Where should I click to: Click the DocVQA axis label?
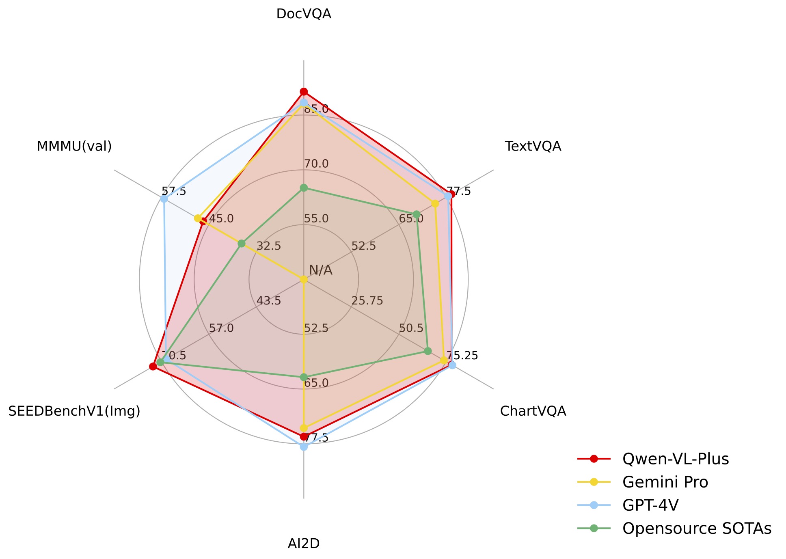coord(304,14)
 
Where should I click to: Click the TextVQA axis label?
coord(533,146)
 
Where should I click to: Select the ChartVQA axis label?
coord(533,411)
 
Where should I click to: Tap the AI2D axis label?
coord(304,544)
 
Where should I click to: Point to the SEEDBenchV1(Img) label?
coord(74,411)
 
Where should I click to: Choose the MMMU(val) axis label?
coord(74,146)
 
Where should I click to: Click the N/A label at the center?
coord(320,270)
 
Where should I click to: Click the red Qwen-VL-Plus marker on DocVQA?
coord(304,91)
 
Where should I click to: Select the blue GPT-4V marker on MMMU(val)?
coord(164,199)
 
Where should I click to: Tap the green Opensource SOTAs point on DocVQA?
coord(304,188)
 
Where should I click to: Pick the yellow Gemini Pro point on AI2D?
coord(304,428)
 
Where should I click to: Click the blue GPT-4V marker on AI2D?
coord(304,447)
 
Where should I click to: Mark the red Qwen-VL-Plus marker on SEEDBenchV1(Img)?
coord(153,367)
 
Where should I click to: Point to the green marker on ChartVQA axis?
coord(428,351)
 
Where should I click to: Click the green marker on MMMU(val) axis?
coord(242,244)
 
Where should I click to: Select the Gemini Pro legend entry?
coord(665,482)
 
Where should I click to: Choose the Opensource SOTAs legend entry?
coord(696,528)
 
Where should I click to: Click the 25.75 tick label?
coord(367,301)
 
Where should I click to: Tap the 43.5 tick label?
coord(269,301)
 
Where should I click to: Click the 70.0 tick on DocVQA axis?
coord(316,164)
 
